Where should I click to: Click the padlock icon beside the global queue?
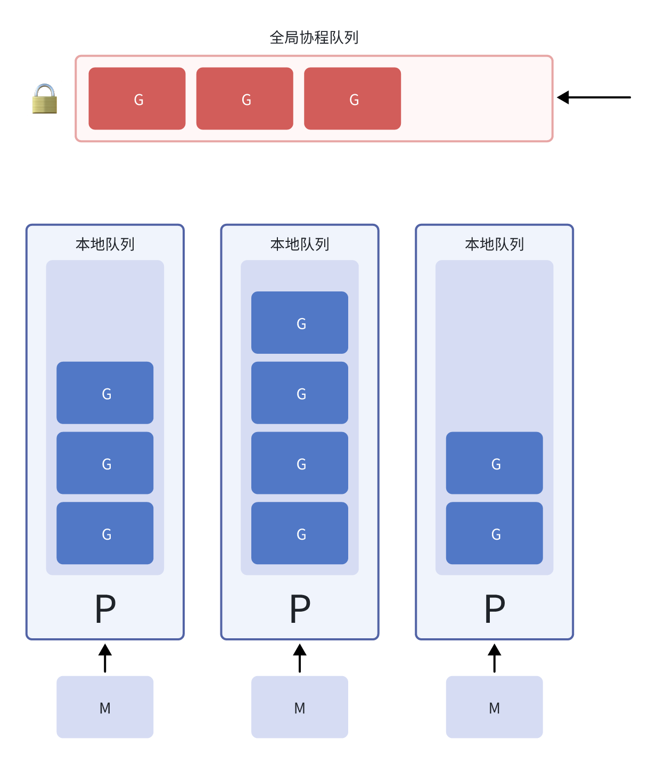click(x=45, y=99)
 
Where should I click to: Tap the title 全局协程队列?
click(x=314, y=38)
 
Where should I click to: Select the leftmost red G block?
click(x=137, y=99)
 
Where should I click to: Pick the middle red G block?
click(x=245, y=99)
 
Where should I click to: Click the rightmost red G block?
click(x=352, y=99)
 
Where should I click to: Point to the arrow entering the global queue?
click(x=593, y=97)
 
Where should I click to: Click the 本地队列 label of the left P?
click(x=105, y=245)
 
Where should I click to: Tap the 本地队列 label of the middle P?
click(x=300, y=245)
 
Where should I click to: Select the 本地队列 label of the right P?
click(x=495, y=245)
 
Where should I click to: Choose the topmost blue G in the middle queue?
click(x=300, y=322)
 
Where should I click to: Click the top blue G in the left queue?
click(x=105, y=393)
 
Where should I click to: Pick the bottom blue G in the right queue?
click(x=495, y=533)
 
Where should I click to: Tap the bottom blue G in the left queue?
click(x=105, y=533)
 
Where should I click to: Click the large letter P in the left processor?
click(x=105, y=609)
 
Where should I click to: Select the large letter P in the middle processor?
click(x=300, y=609)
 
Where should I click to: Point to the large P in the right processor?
click(x=495, y=609)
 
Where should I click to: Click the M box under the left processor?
click(x=105, y=707)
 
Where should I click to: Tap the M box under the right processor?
click(x=495, y=707)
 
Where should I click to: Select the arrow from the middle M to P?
click(x=300, y=658)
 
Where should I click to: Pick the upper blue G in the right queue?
click(x=495, y=463)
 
